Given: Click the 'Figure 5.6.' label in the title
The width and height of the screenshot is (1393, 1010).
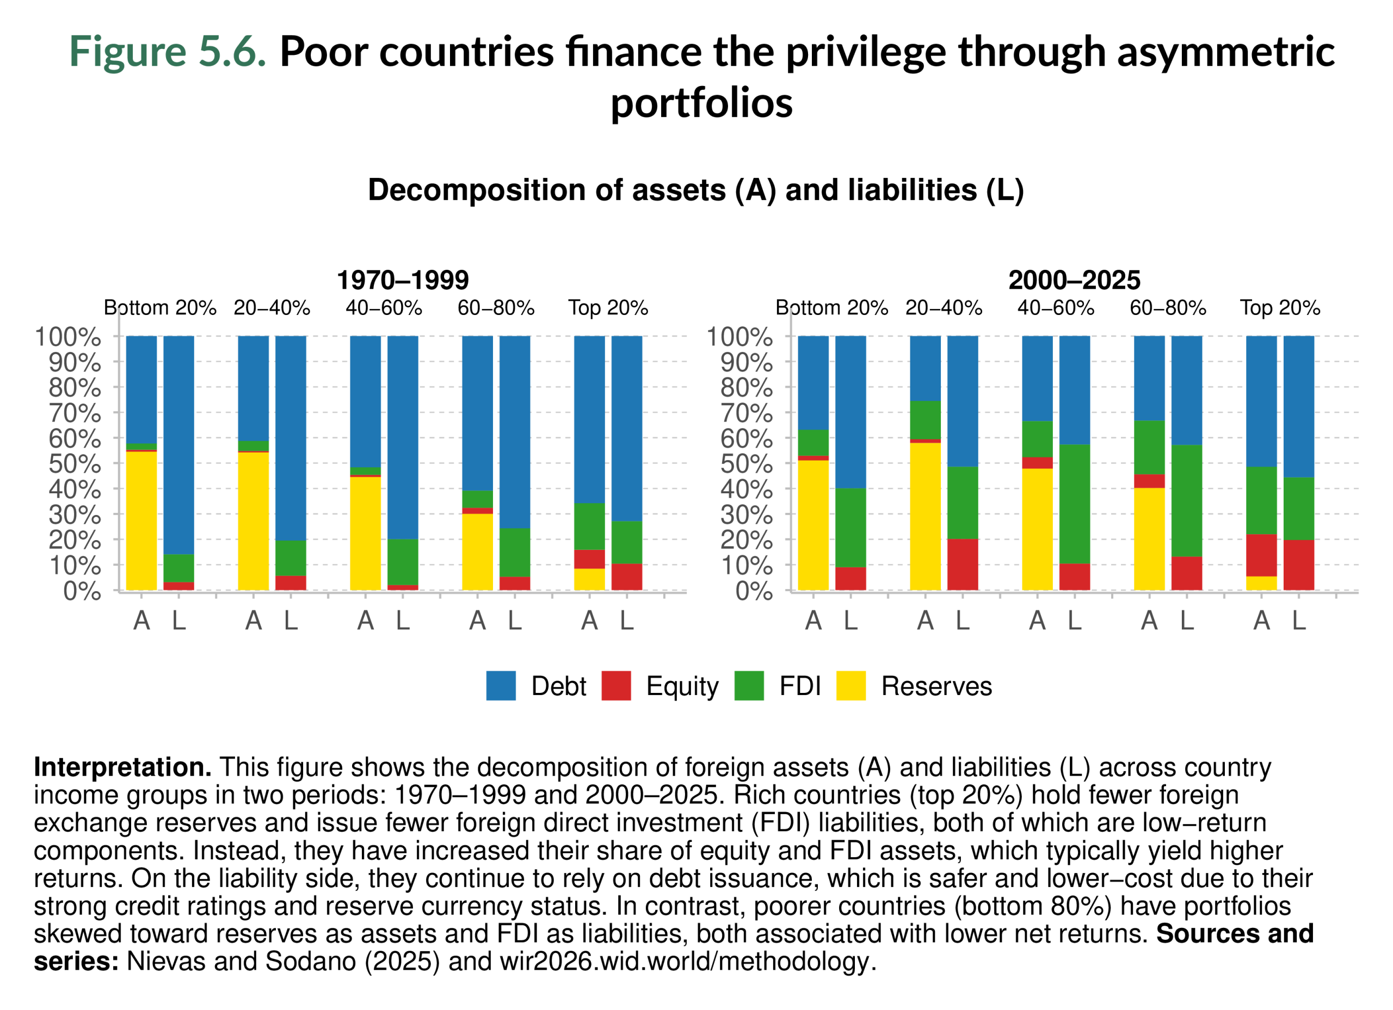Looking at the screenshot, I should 167,52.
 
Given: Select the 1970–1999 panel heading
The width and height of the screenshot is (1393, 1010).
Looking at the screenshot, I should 402,281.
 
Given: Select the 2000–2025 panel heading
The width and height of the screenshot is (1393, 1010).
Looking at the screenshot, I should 1074,281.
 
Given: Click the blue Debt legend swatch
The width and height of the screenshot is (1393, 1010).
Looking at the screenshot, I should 501,686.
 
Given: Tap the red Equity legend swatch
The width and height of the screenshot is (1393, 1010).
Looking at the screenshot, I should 616,686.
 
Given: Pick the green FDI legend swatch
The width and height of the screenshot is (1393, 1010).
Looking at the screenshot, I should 749,686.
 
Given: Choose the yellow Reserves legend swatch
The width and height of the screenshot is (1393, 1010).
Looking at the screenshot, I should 850,686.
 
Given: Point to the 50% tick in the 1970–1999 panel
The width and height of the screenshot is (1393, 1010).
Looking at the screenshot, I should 75,464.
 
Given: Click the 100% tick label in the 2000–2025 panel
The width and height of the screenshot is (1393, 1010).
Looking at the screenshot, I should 739,337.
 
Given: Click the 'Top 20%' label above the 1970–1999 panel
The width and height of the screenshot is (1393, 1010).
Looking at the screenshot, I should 607,308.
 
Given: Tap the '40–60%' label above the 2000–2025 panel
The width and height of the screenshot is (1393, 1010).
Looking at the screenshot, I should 1055,308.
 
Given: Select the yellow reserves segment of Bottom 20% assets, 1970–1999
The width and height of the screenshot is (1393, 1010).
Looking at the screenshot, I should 141,521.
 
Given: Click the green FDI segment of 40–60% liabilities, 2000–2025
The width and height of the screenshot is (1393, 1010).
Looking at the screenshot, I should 1074,504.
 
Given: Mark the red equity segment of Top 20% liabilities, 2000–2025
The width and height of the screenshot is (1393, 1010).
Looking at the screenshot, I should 1298,565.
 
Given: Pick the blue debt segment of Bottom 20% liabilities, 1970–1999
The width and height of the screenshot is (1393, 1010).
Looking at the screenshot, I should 178,444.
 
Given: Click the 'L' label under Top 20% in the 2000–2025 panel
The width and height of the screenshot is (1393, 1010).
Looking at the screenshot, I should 1298,621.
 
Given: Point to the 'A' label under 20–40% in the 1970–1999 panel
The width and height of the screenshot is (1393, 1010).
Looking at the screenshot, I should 253,621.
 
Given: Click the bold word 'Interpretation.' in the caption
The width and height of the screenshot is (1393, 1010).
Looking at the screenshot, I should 122,767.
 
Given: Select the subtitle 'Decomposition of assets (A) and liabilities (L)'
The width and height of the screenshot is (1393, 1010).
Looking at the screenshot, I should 695,190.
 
